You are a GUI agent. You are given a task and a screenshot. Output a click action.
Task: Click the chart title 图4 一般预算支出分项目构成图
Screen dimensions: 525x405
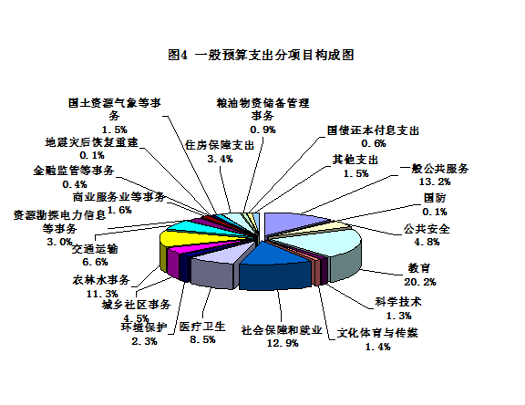261,55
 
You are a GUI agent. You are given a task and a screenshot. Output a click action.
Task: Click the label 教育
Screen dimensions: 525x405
418,268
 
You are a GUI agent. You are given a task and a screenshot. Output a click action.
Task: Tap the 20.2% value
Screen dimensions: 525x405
420,282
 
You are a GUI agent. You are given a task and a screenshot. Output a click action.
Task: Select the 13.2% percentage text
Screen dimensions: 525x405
435,182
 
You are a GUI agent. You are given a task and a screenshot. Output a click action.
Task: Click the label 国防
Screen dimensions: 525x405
435,198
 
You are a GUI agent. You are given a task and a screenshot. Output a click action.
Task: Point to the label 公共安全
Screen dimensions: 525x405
427,229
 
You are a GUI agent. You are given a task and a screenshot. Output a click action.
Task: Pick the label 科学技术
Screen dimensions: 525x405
398,302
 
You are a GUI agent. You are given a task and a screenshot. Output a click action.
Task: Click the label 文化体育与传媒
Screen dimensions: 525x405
377,333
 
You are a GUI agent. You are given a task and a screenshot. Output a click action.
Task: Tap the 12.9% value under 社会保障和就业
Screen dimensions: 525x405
283,343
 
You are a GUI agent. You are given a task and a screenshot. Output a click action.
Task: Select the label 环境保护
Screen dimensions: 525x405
144,327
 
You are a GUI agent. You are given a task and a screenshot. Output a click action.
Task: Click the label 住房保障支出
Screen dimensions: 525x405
220,145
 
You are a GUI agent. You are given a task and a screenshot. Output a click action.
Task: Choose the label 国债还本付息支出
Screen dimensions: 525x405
373,130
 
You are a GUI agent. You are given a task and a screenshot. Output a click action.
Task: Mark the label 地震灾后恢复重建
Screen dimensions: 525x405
92,142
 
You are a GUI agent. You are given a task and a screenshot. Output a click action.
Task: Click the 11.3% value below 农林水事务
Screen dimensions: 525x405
102,294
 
